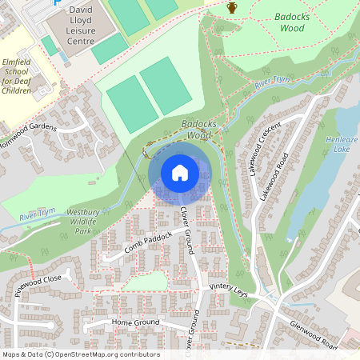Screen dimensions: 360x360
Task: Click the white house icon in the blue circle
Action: pyautogui.click(x=180, y=173)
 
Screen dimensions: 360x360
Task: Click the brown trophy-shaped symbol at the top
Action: pyautogui.click(x=232, y=8)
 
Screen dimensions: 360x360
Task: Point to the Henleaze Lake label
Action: pyautogui.click(x=342, y=143)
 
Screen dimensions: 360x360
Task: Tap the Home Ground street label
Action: pyautogui.click(x=136, y=322)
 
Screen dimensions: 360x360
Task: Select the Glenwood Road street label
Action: pyautogui.click(x=314, y=330)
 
